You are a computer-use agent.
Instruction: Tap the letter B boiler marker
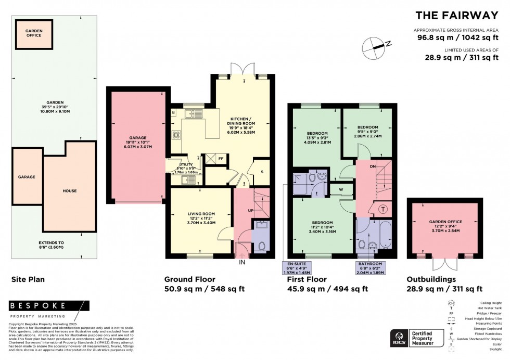(173, 112)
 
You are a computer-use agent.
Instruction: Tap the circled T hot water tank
(384, 209)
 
